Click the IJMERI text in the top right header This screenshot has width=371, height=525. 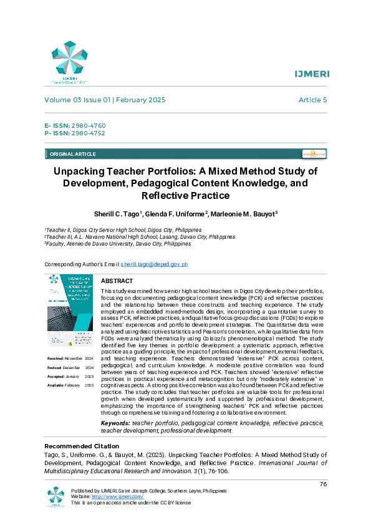[x=312, y=74]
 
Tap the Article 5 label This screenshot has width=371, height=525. [x=312, y=100]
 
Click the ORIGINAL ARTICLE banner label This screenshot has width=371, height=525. [x=72, y=154]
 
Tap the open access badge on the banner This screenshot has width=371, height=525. [x=314, y=153]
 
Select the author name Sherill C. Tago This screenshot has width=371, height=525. [x=118, y=214]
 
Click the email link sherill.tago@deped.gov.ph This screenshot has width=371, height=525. [x=154, y=264]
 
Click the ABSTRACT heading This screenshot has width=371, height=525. [x=117, y=281]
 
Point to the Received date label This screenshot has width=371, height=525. [x=57, y=359]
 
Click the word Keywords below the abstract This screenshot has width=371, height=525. [x=115, y=423]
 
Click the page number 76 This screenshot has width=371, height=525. [x=323, y=484]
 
